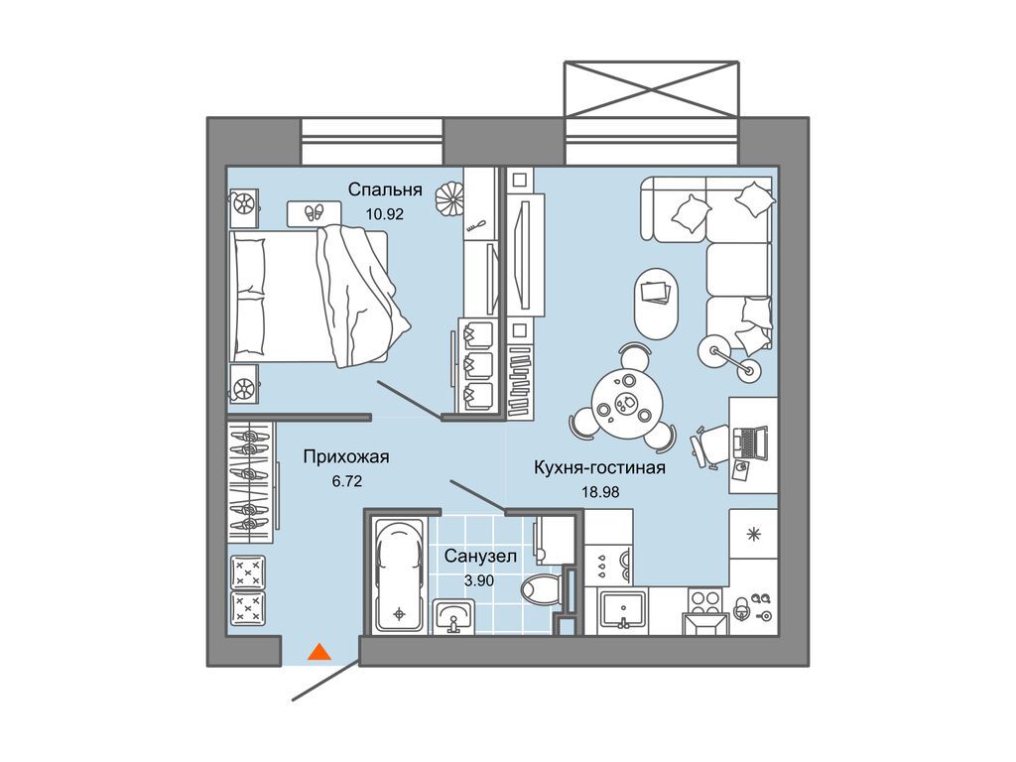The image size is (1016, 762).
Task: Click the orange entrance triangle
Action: tap(318, 652)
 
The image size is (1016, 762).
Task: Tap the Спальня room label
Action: tap(385, 190)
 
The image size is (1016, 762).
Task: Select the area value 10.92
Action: tap(385, 214)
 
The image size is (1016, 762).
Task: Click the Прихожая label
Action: tap(346, 456)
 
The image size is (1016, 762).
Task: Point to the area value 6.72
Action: tap(346, 481)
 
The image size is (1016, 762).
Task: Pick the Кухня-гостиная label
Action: tap(599, 467)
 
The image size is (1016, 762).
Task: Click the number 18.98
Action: tap(600, 492)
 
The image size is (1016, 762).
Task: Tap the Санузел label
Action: tap(480, 556)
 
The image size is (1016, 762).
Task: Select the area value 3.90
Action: tap(479, 580)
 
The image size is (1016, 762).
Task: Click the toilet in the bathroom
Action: tap(539, 589)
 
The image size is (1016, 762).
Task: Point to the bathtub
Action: tap(400, 575)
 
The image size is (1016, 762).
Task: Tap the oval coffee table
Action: tap(656, 303)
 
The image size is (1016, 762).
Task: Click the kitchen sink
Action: tap(623, 610)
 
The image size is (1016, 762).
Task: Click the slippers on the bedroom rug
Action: tap(315, 212)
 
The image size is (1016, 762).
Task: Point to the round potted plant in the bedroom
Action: tap(449, 199)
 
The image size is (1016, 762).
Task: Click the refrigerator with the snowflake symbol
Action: tap(753, 534)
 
